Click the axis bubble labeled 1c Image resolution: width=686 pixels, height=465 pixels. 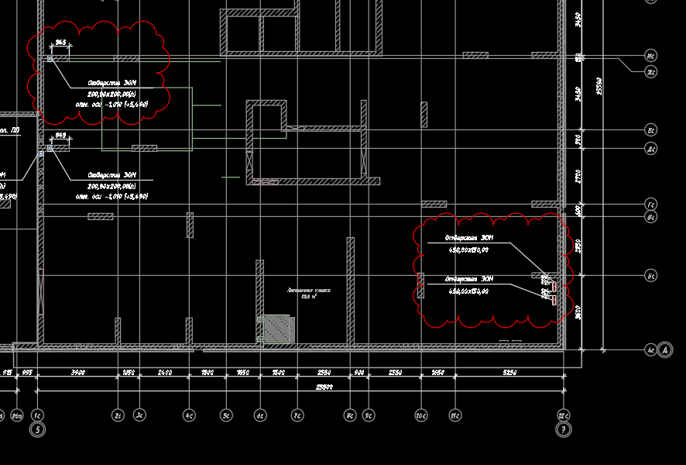[37, 416]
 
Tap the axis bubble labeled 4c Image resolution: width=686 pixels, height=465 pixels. [189, 416]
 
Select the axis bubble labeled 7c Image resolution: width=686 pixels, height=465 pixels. [297, 416]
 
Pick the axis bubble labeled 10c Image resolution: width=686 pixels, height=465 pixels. [421, 416]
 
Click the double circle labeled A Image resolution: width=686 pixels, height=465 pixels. [665, 350]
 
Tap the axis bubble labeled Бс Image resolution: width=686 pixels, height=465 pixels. [652, 275]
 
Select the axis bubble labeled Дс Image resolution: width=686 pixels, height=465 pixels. [652, 148]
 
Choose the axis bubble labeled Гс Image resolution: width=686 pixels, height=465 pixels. [652, 204]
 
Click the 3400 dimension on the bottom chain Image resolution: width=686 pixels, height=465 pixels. [77, 373]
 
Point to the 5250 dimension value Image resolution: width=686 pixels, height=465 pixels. [509, 373]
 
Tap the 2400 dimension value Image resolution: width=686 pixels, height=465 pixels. [164, 373]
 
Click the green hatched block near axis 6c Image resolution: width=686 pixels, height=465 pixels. [276, 329]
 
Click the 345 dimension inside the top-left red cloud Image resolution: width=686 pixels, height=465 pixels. [60, 43]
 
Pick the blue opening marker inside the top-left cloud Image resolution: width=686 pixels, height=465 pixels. [50, 59]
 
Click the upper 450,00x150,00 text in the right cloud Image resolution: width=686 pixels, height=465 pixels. [468, 250]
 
